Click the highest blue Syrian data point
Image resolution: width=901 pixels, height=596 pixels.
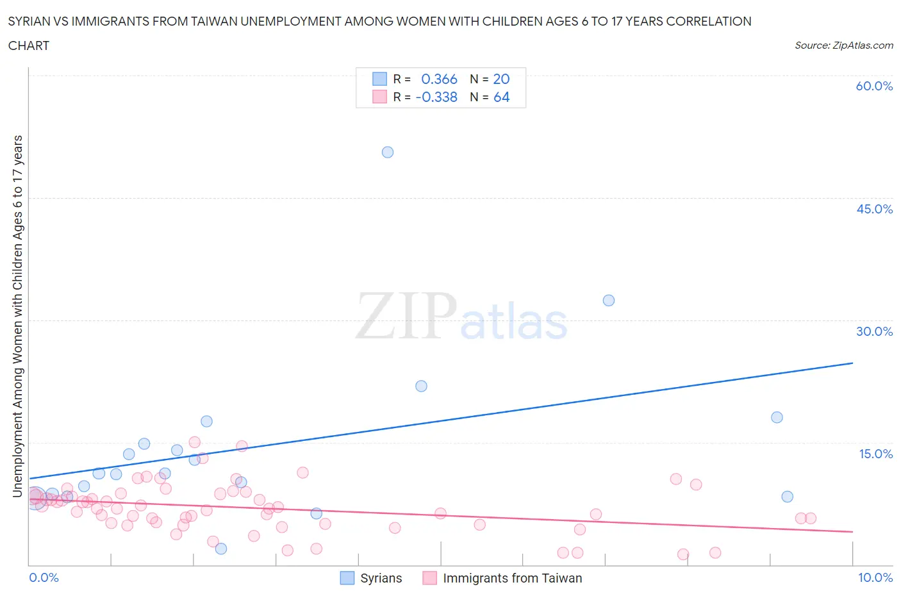tap(388, 153)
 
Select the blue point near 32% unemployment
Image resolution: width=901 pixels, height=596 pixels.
tap(609, 301)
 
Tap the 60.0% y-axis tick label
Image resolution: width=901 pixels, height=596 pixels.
tap(874, 86)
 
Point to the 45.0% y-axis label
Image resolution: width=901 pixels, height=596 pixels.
tap(874, 209)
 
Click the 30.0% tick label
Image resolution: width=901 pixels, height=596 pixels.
tap(874, 331)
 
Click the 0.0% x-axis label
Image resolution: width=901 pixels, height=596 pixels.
tap(44, 577)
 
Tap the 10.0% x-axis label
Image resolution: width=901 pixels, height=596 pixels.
tap(875, 577)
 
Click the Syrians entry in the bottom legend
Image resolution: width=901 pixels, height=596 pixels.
tap(381, 578)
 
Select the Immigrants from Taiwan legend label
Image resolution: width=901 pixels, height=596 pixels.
tap(512, 578)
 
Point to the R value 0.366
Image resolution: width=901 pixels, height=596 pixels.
tap(439, 79)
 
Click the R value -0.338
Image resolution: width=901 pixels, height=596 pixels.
tap(436, 97)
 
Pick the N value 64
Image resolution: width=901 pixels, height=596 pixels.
tap(501, 97)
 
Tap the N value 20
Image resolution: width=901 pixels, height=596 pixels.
tap(501, 79)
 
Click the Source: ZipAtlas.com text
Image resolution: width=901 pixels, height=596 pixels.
tap(843, 45)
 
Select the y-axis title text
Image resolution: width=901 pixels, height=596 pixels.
tap(18, 317)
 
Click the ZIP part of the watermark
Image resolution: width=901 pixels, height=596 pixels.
tap(405, 316)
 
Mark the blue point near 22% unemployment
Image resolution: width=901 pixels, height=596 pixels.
tap(421, 386)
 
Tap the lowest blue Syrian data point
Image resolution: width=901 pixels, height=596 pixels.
tap(221, 549)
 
